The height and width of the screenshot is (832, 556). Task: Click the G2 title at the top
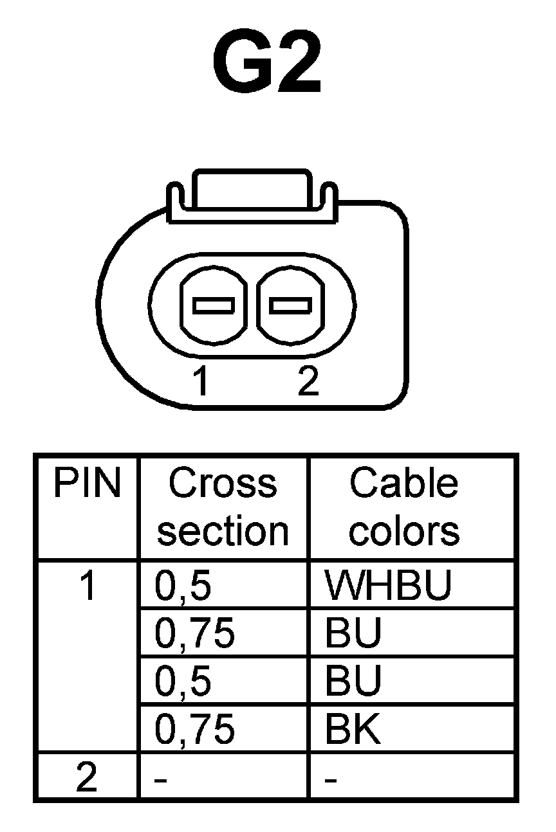click(x=266, y=62)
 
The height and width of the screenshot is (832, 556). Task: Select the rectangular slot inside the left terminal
click(x=214, y=305)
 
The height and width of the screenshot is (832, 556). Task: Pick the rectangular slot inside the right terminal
click(x=290, y=304)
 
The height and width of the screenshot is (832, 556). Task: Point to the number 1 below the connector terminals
click(x=202, y=383)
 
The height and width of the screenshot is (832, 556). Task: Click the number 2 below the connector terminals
click(x=308, y=383)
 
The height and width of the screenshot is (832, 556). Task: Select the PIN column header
click(x=87, y=484)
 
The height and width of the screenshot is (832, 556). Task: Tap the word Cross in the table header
click(x=223, y=484)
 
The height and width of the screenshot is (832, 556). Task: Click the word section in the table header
click(x=223, y=531)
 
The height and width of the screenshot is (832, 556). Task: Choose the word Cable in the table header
click(x=404, y=484)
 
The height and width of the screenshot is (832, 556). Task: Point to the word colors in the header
click(x=404, y=531)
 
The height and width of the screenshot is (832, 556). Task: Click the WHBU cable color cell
click(x=389, y=586)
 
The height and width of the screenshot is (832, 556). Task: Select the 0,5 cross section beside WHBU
click(x=183, y=587)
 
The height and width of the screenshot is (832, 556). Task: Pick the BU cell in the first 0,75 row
click(x=353, y=633)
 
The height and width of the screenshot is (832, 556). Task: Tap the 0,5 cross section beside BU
click(x=183, y=682)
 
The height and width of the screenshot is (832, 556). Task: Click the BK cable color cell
click(x=353, y=730)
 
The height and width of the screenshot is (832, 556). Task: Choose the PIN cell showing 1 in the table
click(x=87, y=587)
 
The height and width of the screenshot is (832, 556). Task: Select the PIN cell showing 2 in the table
click(x=87, y=778)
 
